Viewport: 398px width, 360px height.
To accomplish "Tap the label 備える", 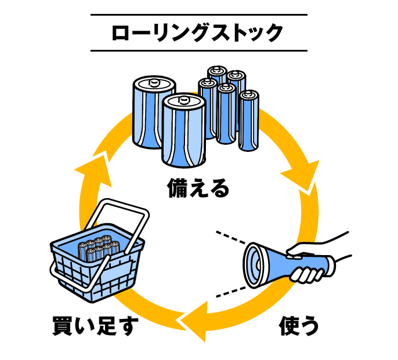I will [198, 188].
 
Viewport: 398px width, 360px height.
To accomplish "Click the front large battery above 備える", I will [184, 130].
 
